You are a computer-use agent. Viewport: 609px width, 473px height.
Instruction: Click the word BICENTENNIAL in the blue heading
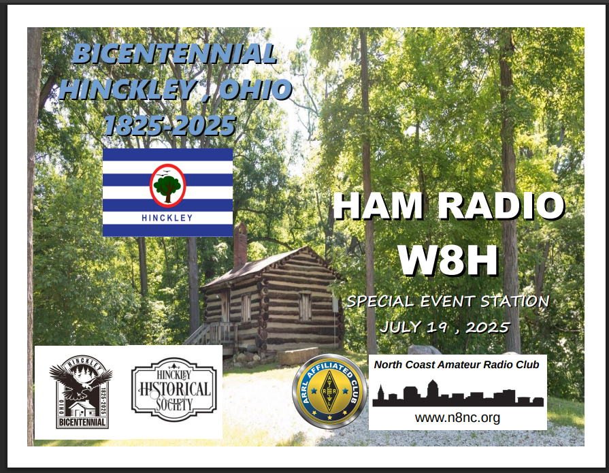click(x=175, y=53)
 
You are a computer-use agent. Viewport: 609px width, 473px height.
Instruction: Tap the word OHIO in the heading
click(x=256, y=89)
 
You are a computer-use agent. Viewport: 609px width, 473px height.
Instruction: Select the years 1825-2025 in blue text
click(x=169, y=125)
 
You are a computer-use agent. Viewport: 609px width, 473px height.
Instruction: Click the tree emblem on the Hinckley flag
click(x=168, y=186)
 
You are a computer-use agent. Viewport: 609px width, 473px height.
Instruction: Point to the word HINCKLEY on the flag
click(x=167, y=218)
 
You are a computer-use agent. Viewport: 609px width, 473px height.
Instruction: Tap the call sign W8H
click(x=448, y=260)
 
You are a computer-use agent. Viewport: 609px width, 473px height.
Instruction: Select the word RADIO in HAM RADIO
click(x=501, y=206)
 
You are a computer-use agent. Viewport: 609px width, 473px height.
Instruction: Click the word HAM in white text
click(x=378, y=206)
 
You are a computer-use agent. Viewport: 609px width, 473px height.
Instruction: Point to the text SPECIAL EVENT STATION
click(x=448, y=301)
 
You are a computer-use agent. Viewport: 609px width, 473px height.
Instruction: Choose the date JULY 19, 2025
click(x=444, y=327)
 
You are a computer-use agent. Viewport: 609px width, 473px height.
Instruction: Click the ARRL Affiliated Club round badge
click(x=330, y=391)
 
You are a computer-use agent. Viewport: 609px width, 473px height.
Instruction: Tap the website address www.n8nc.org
click(x=457, y=418)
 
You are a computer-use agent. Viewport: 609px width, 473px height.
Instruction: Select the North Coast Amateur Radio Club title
click(x=457, y=365)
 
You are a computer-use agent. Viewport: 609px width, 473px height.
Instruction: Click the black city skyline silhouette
click(x=458, y=394)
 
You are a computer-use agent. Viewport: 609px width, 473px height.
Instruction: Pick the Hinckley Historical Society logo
click(x=174, y=389)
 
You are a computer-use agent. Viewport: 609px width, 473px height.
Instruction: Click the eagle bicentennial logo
click(x=81, y=392)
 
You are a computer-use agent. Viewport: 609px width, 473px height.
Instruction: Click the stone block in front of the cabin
click(x=298, y=357)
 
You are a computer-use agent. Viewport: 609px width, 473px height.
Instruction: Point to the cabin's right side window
click(x=305, y=307)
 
